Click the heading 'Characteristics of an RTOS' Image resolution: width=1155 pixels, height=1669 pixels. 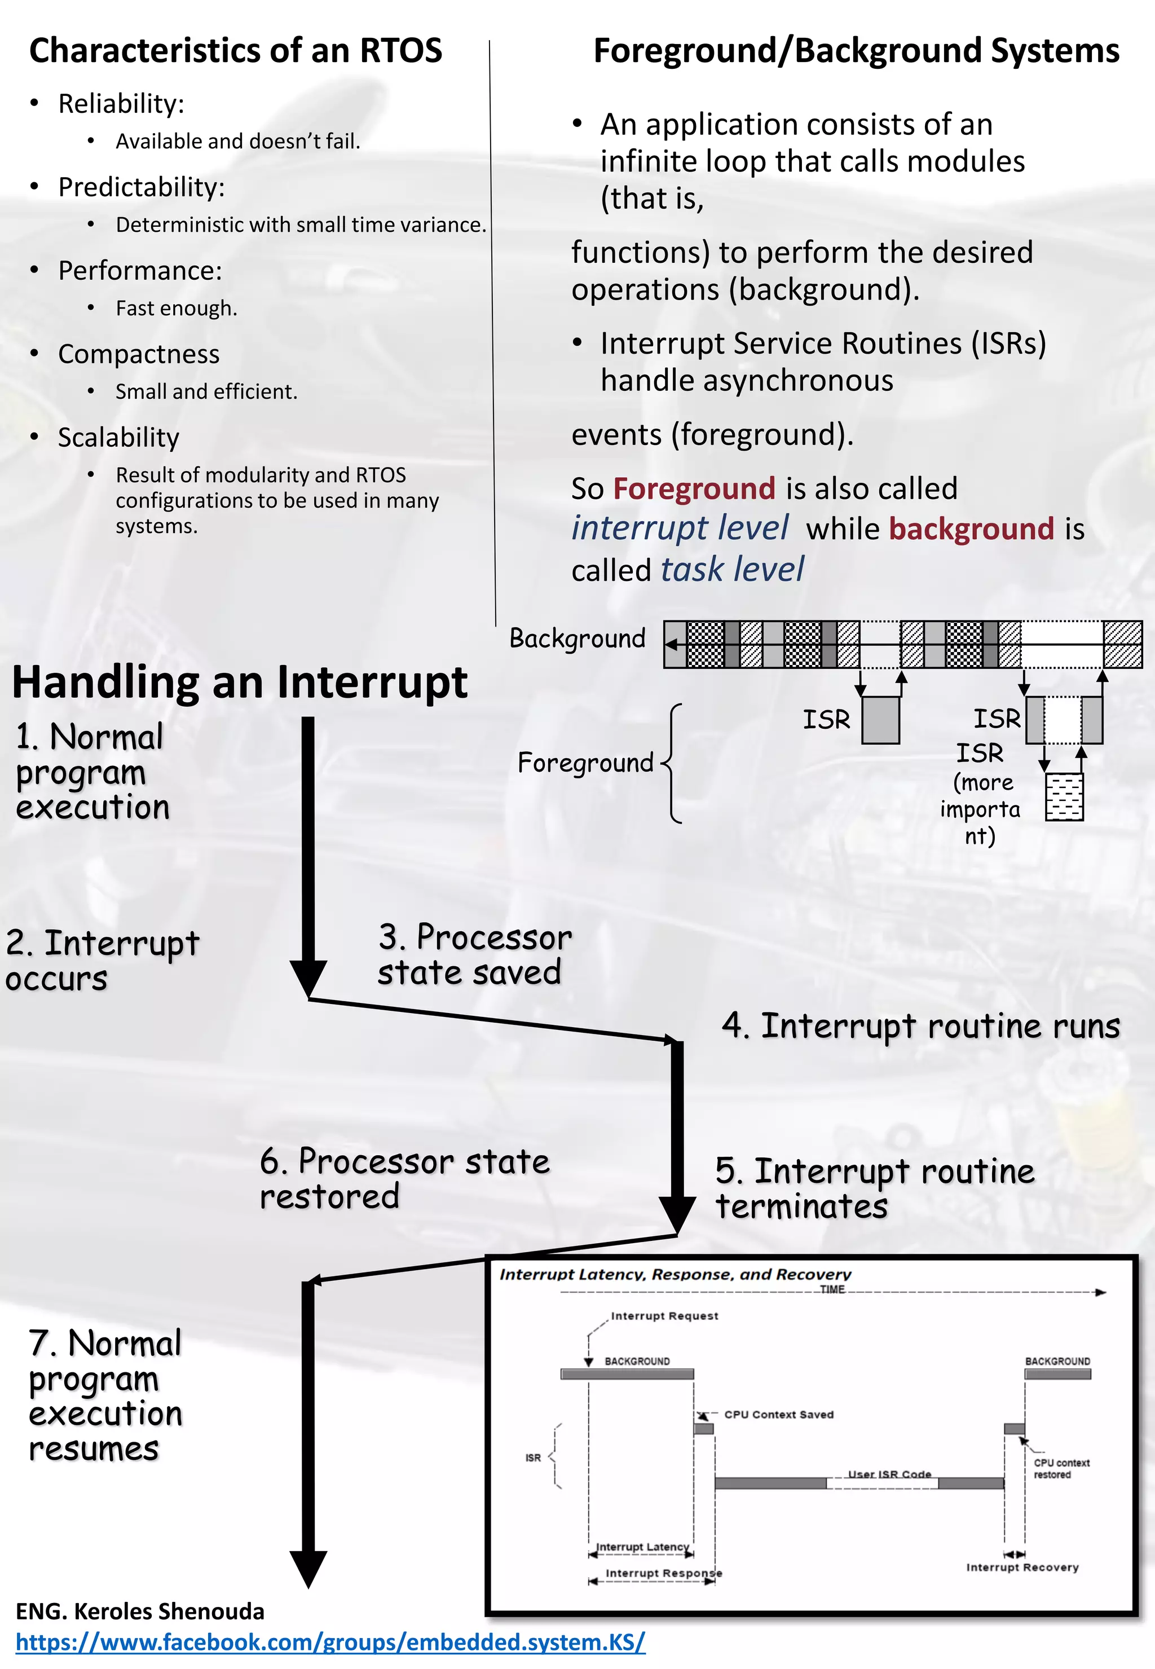[x=235, y=51]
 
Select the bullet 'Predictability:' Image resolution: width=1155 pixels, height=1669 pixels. [x=141, y=187]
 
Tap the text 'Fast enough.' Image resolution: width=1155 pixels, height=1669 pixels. [x=176, y=309]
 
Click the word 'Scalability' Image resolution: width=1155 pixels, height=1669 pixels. [x=118, y=438]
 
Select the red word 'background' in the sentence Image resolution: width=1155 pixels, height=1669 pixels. [x=971, y=529]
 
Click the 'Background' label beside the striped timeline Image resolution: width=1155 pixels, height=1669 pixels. [x=577, y=638]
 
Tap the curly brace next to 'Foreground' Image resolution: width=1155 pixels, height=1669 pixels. [x=672, y=764]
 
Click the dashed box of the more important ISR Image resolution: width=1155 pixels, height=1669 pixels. [x=1063, y=797]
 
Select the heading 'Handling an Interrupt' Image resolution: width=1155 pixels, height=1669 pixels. [x=240, y=682]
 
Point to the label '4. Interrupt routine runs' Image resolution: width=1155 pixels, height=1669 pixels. [x=920, y=1027]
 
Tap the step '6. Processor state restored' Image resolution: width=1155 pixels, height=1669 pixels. [x=404, y=1179]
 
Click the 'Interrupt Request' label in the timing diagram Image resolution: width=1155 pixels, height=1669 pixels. [x=664, y=1316]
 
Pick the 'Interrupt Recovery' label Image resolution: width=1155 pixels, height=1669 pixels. [x=1022, y=1567]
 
